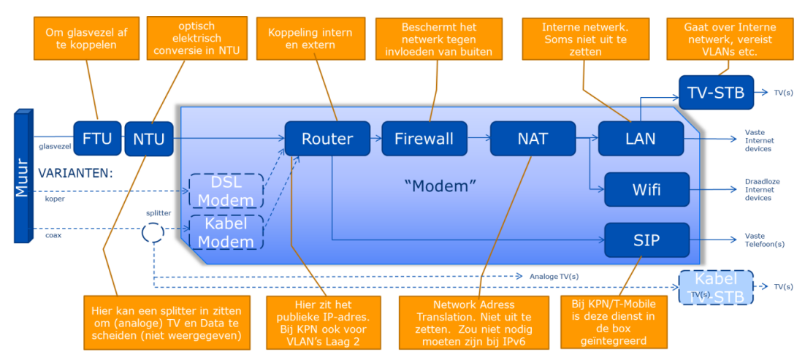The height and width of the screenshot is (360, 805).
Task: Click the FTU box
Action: point(97,138)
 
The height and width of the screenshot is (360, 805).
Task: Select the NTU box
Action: point(149,138)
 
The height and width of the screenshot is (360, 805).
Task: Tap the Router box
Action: point(328,138)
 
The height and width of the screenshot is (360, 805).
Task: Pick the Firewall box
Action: point(424,138)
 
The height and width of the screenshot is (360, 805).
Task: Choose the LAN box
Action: point(641,138)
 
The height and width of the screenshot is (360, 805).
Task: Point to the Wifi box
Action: point(646,189)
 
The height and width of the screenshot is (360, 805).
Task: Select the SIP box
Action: point(646,239)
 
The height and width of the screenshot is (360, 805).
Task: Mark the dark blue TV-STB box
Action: point(715,93)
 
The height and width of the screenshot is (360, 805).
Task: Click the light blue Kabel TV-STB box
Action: point(715,286)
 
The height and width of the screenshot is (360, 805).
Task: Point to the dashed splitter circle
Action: point(153,233)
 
